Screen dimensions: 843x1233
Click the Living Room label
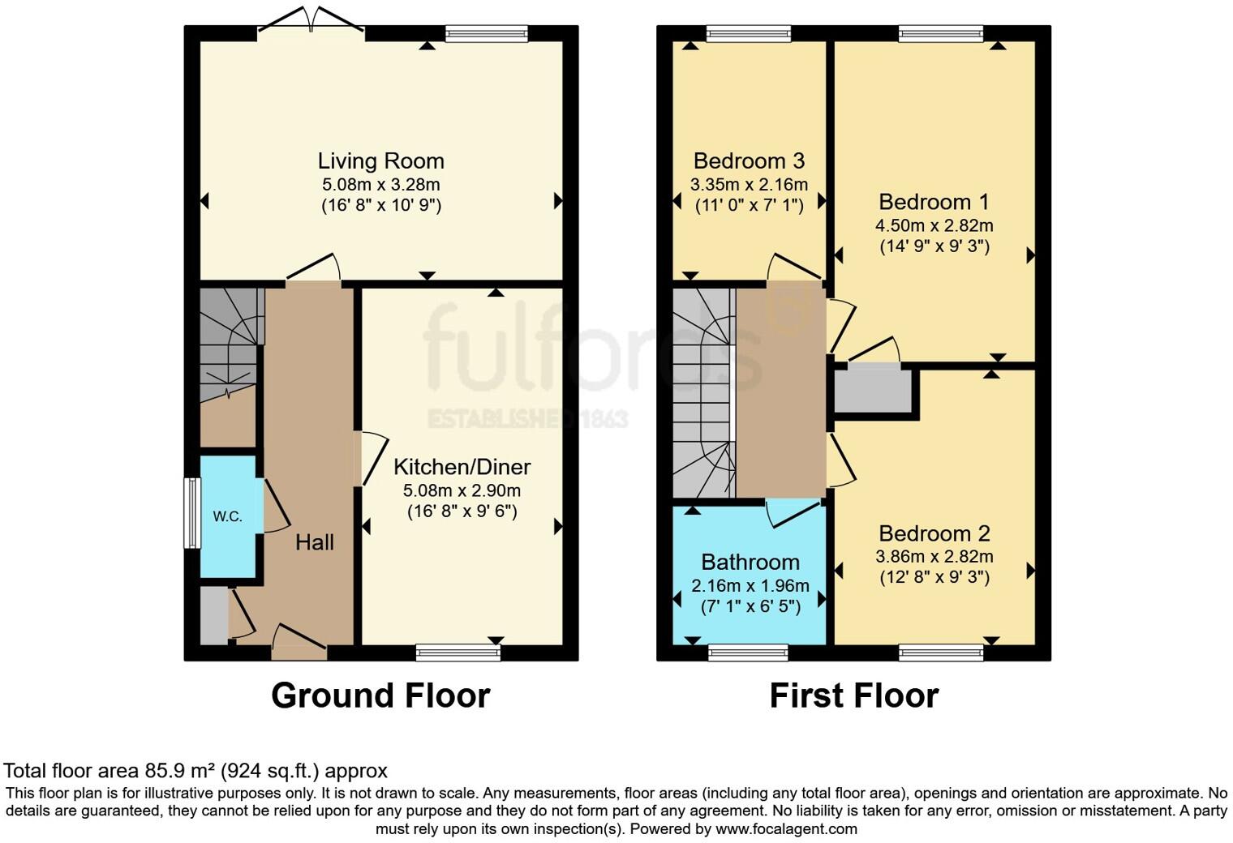pos(380,160)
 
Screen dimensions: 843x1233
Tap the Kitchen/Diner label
pos(462,467)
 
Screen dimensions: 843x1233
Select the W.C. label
pos(227,516)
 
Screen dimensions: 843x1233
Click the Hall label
pos(314,542)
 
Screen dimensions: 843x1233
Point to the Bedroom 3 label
pos(749,160)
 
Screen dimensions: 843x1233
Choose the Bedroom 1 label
pos(934,202)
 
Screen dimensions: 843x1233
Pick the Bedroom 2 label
pos(934,533)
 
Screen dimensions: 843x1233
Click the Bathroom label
pos(750,562)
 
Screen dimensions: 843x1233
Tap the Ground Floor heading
pos(380,695)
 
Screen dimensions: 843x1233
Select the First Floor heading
pos(853,695)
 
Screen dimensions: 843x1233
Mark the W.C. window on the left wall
pos(191,513)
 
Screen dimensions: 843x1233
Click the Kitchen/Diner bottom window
pos(458,652)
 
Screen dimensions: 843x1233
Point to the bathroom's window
pos(748,652)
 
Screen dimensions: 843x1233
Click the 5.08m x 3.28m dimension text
pos(380,184)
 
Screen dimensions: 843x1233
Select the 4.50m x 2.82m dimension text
pos(934,225)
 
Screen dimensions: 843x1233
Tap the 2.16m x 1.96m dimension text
pos(750,585)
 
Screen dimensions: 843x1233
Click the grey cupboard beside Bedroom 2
pos(872,391)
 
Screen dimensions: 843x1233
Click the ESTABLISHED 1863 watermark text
pos(527,419)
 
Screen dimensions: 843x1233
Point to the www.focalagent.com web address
pos(786,828)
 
